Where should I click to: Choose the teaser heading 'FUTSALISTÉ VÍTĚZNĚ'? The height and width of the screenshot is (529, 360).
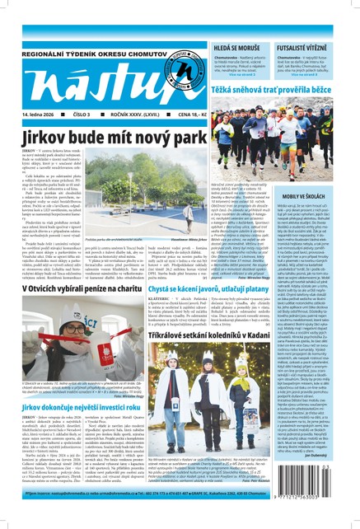315,26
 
